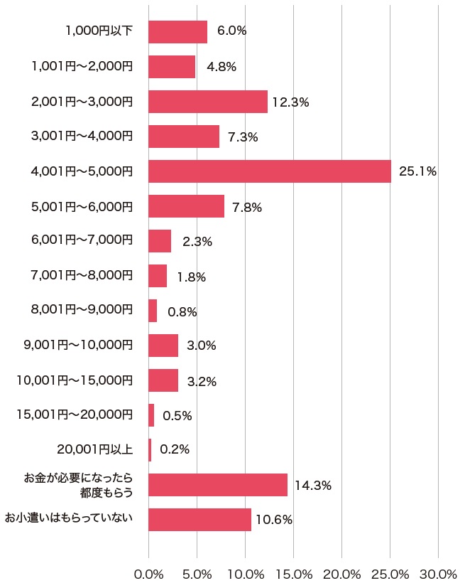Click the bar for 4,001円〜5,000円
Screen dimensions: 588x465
tap(270, 171)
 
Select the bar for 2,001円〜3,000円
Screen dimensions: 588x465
tap(208, 102)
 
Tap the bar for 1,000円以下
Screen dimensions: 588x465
tap(177, 32)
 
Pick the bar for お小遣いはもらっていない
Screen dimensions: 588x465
tap(199, 520)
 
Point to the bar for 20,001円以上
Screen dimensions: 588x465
tap(150, 450)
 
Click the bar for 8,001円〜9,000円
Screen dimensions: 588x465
tap(153, 311)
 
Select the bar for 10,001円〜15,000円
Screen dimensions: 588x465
tap(163, 380)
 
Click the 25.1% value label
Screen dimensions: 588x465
tap(417, 171)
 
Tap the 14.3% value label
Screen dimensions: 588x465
tap(313, 486)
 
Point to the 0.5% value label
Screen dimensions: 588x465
tap(177, 416)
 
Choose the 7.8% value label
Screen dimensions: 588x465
tap(247, 208)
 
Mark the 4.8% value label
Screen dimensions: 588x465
tap(221, 68)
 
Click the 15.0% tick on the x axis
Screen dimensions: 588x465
tap(293, 574)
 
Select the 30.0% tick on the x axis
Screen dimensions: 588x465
tap(438, 574)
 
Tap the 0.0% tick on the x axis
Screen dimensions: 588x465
tap(148, 574)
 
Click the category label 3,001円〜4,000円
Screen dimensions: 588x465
tap(82, 136)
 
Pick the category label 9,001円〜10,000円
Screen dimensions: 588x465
tap(78, 345)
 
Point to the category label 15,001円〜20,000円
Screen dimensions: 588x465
tap(75, 415)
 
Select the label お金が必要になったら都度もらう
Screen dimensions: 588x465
tap(79, 484)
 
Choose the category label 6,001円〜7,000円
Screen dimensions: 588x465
tap(82, 240)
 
